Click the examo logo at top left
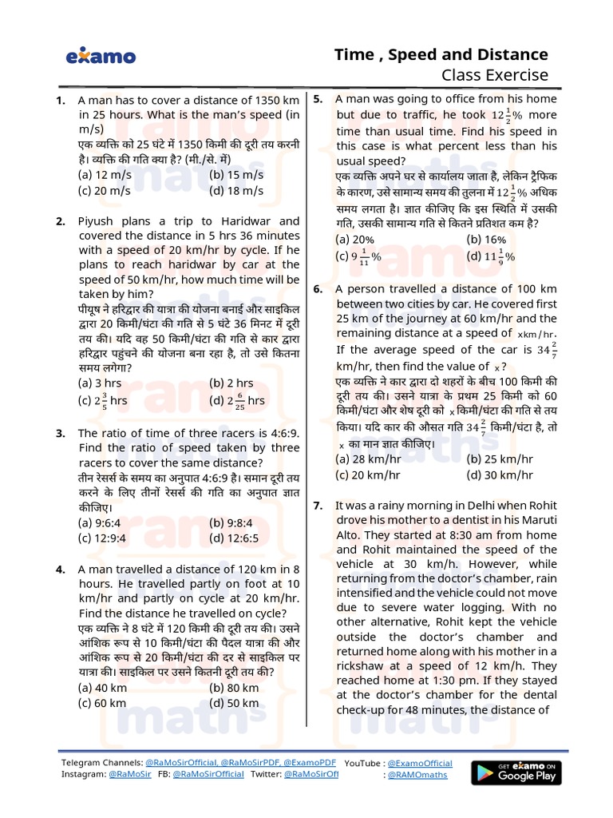point(101,57)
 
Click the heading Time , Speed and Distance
point(441,54)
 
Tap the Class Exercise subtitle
point(495,76)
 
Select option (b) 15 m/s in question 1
point(236,175)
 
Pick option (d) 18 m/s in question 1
point(236,190)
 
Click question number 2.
point(60,221)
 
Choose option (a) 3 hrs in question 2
point(99,383)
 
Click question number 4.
point(60,570)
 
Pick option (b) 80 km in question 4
point(234,688)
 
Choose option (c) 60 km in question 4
point(102,703)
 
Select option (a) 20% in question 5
point(355,239)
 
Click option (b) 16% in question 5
point(486,239)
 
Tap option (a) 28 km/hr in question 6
point(368,459)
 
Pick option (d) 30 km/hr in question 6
point(500,475)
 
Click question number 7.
point(318,506)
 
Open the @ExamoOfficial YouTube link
point(420,764)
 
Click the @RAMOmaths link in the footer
point(417,775)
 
